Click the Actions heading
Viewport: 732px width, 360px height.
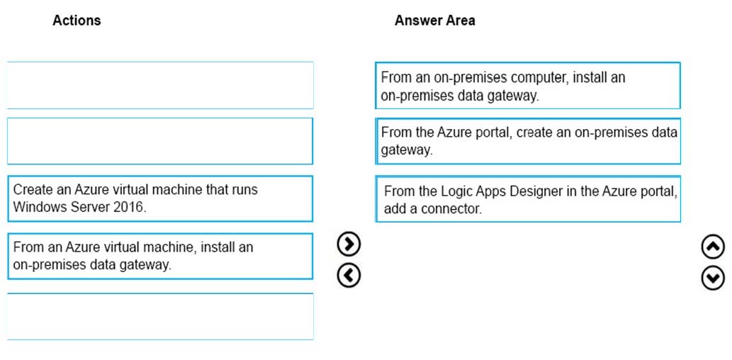tap(77, 21)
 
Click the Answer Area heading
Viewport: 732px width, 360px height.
tap(434, 21)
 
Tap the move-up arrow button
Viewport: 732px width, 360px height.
tap(714, 248)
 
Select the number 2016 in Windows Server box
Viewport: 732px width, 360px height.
tap(129, 208)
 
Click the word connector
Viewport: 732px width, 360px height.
tap(451, 209)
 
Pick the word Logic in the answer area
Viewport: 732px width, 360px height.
tap(456, 192)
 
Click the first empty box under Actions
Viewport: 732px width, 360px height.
tap(160, 86)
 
